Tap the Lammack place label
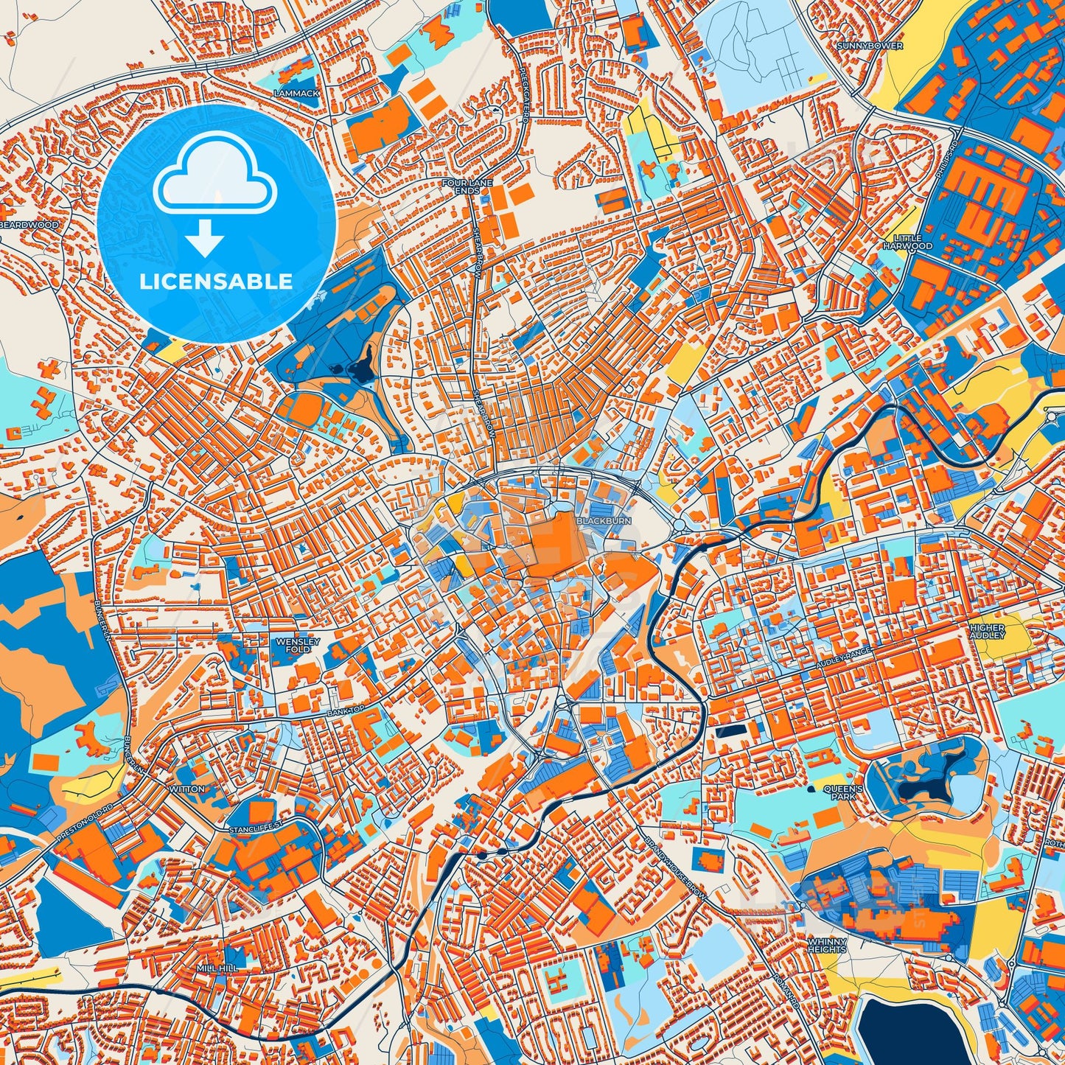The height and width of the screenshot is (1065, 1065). pyautogui.click(x=296, y=94)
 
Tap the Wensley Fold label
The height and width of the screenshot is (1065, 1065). pyautogui.click(x=298, y=645)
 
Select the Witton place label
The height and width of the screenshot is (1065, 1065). pyautogui.click(x=187, y=789)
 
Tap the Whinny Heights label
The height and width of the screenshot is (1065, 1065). pyautogui.click(x=827, y=946)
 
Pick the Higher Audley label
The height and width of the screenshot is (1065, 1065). pyautogui.click(x=987, y=631)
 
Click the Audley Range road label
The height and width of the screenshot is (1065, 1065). pyautogui.click(x=844, y=658)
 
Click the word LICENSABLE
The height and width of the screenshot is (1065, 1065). pyautogui.click(x=217, y=281)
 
